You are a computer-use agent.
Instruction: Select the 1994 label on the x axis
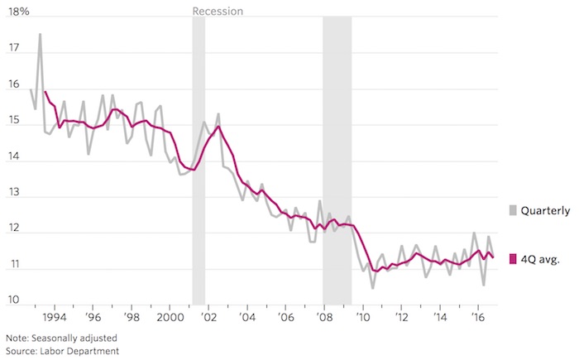(x=55, y=317)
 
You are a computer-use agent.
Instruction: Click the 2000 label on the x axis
(x=170, y=317)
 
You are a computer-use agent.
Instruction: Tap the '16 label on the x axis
(x=477, y=317)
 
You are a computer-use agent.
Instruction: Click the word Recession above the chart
(x=218, y=12)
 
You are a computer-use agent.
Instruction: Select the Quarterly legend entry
(x=543, y=212)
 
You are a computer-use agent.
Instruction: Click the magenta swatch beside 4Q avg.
(x=513, y=259)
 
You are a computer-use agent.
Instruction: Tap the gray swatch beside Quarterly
(x=513, y=212)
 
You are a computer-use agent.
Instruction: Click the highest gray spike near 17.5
(x=40, y=35)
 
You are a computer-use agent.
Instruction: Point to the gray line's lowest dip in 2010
(x=373, y=287)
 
